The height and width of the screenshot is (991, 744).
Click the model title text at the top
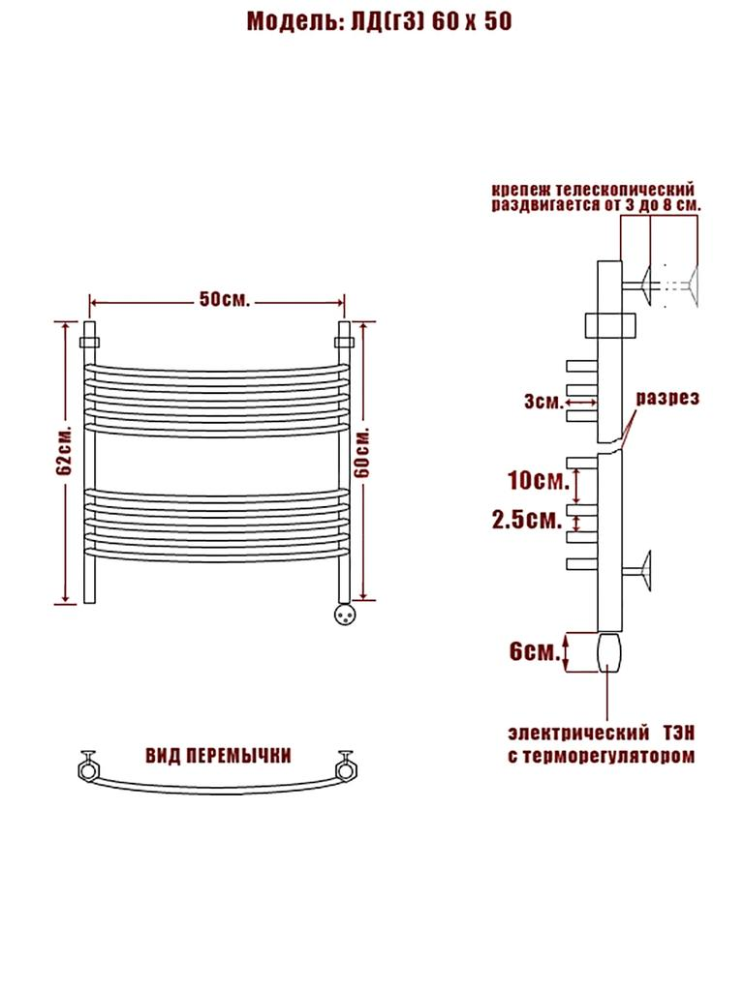(379, 21)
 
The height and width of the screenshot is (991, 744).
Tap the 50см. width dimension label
(225, 299)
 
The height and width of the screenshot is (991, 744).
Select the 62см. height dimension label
(65, 451)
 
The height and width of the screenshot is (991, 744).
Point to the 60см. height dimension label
(362, 453)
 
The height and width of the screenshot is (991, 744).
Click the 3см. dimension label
(542, 402)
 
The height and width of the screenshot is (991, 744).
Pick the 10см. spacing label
(539, 480)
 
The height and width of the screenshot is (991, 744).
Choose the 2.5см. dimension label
(527, 520)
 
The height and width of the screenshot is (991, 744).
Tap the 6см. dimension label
(535, 651)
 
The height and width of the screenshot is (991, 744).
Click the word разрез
(666, 398)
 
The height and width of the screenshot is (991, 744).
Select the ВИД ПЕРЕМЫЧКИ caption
(218, 756)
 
